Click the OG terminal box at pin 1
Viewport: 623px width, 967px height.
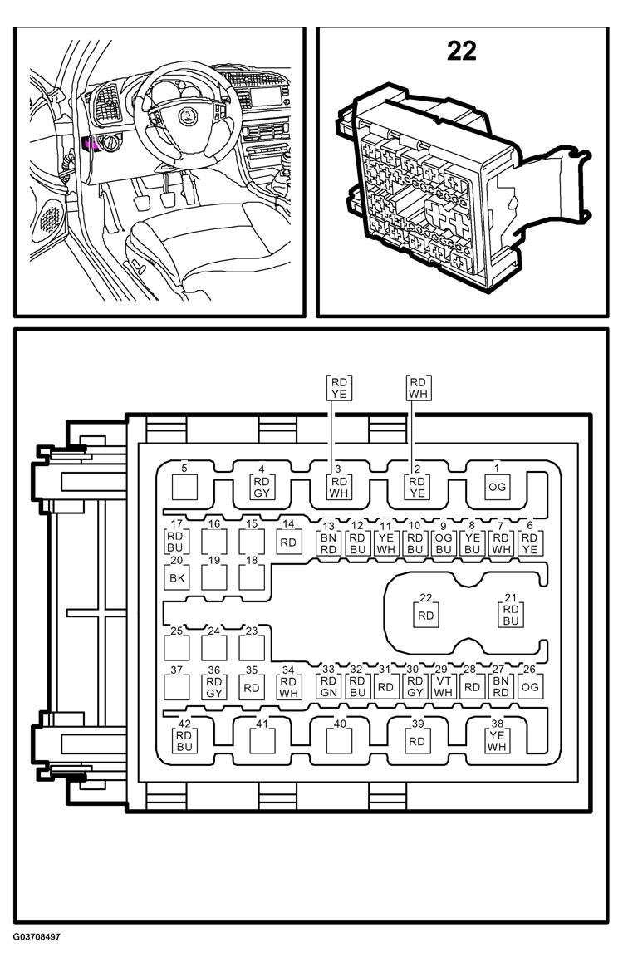497,487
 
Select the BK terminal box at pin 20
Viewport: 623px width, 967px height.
177,578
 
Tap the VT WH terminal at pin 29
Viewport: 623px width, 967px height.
444,686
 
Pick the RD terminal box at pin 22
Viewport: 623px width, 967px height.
425,616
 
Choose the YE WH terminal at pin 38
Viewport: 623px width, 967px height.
497,741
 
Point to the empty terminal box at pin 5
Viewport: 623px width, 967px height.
184,487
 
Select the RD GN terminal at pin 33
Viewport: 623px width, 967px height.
329,686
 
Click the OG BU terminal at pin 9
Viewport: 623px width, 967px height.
444,542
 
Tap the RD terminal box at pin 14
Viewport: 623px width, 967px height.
288,542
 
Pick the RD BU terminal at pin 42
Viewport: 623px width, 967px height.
184,741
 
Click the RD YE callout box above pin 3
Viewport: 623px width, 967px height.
339,387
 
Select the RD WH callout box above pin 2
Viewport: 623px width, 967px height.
418,387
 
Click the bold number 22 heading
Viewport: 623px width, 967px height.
461,52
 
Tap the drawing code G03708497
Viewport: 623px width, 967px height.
37,937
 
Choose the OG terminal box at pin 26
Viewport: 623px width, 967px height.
530,686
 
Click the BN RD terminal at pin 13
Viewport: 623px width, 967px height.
329,542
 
